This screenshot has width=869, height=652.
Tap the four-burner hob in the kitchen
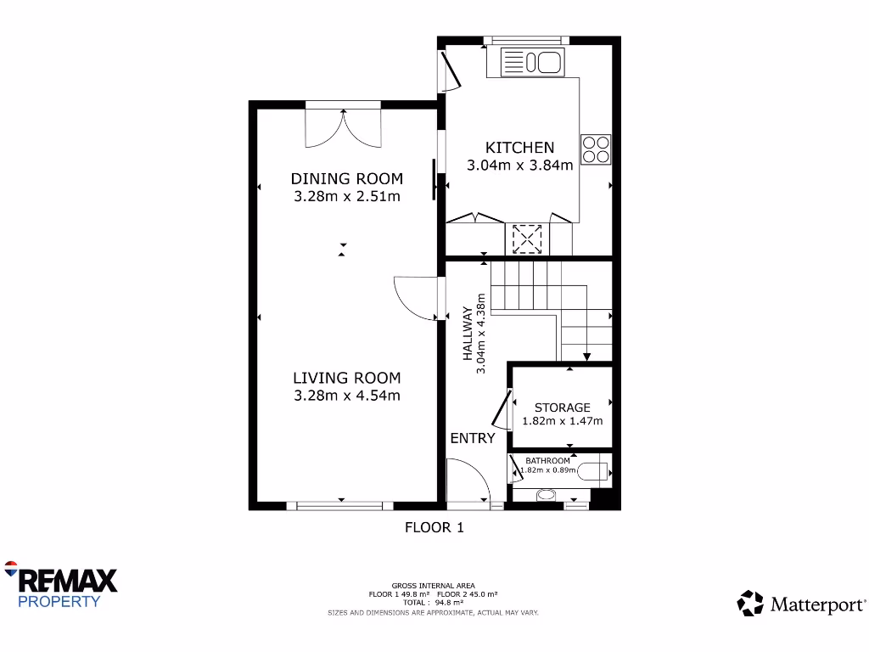[595, 149]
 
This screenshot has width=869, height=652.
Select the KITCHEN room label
[519, 148]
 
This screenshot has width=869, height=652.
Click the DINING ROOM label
[346, 178]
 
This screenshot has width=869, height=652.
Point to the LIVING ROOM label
[346, 378]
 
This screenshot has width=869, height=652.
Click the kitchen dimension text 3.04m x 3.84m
[519, 166]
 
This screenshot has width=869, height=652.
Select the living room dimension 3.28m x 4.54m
[346, 396]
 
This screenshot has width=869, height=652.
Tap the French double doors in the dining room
[343, 127]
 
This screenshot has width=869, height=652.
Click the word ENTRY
[472, 438]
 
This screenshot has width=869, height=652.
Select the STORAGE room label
[562, 407]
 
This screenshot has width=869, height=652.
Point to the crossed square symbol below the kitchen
[527, 239]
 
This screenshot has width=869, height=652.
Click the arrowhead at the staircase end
[586, 357]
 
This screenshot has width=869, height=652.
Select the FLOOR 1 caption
[434, 527]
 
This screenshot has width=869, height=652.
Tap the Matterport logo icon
[750, 604]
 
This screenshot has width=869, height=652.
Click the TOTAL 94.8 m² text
[434, 603]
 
